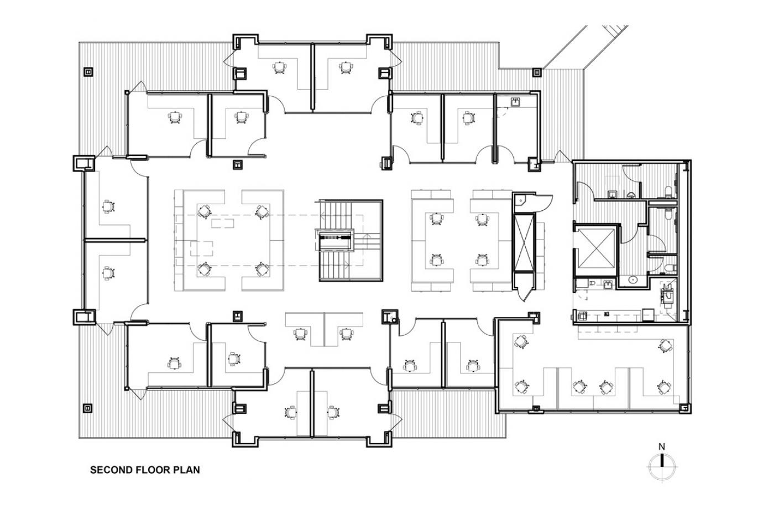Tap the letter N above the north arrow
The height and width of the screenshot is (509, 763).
[x=661, y=446]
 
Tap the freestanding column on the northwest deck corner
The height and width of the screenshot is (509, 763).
[x=88, y=72]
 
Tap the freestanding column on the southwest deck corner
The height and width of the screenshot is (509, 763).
[x=88, y=409]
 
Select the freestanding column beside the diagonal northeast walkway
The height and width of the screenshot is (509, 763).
[x=536, y=72]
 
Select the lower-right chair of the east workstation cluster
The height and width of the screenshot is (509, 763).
[x=483, y=260]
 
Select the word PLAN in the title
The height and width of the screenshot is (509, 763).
[x=187, y=470]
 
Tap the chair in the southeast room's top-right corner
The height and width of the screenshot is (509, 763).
[x=664, y=346]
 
